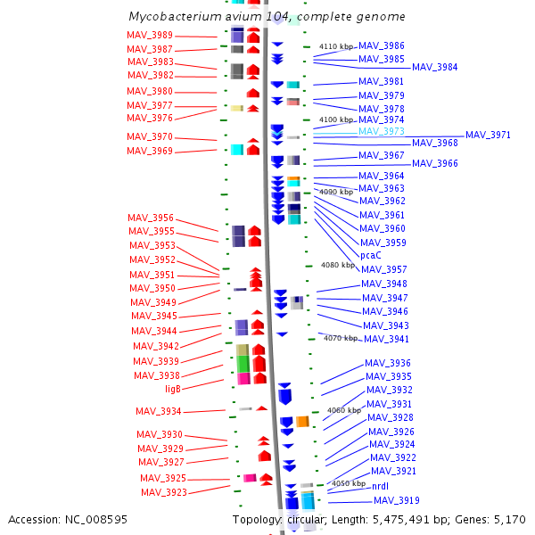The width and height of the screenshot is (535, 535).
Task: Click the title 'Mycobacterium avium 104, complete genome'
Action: coord(267,16)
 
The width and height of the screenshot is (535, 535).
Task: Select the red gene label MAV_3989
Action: coord(150,35)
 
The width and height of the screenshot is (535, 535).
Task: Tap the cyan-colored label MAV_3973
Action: coord(382,131)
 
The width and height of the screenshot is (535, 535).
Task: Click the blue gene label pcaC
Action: coord(371,255)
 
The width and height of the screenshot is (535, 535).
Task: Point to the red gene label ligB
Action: coord(173,389)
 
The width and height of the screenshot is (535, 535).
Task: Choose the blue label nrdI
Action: coord(380,486)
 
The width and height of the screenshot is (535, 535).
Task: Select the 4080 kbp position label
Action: coord(338,265)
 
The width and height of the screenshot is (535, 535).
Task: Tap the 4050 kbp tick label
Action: coord(349,483)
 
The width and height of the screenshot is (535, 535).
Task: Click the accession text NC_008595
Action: coord(96,520)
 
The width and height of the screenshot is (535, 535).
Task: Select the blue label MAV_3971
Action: coord(489,136)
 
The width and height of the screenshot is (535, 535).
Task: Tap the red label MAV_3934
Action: coord(159,411)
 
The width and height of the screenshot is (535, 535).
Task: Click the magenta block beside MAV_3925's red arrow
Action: coord(250,478)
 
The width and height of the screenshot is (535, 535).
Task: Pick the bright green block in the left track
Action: coord(243,364)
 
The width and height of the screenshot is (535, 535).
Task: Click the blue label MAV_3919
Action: coord(397,500)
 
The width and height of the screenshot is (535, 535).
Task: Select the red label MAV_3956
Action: coord(151,218)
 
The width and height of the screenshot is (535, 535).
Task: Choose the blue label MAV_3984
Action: coord(435,67)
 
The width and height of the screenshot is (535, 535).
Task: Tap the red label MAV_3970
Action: coord(150,136)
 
